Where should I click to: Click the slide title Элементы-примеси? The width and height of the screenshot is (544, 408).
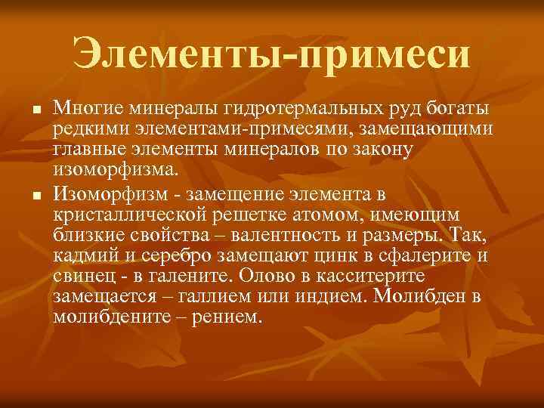point(271,54)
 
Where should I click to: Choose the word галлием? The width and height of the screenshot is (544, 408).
point(220,295)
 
